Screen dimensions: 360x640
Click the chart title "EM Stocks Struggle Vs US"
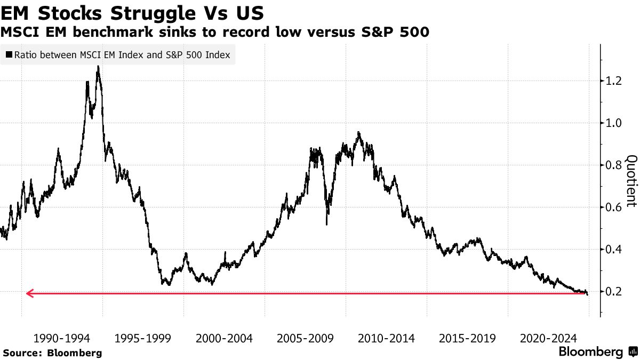132,12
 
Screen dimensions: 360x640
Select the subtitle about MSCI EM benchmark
214,33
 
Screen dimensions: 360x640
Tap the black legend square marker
9,55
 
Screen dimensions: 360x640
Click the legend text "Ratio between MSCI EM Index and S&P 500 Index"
122,55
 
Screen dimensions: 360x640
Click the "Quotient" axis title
631,181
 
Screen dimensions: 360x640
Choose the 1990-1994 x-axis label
62,338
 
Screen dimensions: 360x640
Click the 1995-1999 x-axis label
143,338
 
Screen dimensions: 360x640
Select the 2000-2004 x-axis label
224,338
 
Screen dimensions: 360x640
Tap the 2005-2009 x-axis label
305,338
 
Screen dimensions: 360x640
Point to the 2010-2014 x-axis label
386,338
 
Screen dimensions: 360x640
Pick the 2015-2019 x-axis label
467,338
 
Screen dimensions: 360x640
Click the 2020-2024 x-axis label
548,338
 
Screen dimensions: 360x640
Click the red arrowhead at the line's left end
29,293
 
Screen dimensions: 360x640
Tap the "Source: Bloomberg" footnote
52,353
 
